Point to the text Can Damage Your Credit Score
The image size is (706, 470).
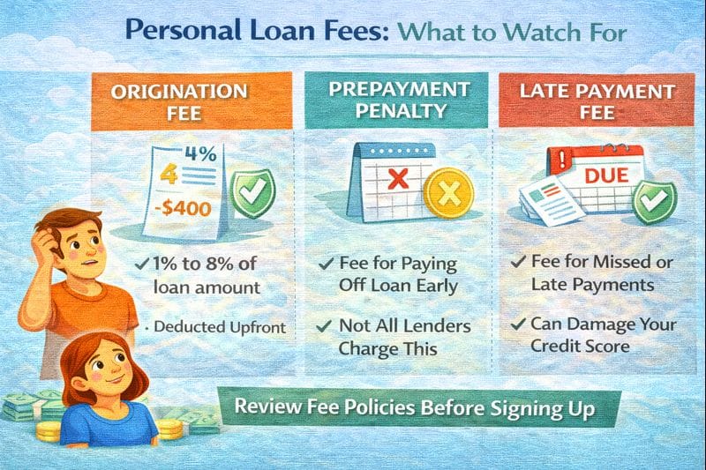tap(592, 333)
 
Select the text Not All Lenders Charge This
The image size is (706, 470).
tap(399, 336)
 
